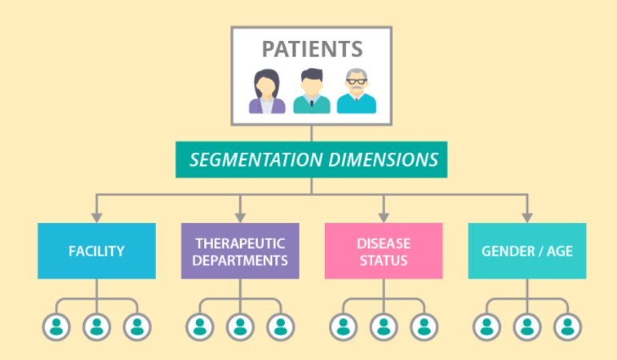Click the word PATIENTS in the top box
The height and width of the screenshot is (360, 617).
coord(312,49)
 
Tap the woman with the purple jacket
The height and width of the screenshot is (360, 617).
coord(266,92)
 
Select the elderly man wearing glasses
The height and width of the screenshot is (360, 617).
coord(356,91)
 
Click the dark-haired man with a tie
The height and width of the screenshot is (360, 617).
coord(311,91)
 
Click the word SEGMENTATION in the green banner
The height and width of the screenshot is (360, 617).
coord(256,160)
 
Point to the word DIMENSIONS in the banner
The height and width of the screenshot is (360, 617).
coord(383,160)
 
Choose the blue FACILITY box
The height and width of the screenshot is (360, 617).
coord(97,251)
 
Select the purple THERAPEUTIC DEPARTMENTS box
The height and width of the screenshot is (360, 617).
coord(240,251)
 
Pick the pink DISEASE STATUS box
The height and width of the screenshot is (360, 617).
coord(383,251)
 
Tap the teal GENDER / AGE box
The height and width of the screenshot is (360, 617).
coord(527,251)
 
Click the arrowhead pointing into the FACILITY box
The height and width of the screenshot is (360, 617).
coord(97,218)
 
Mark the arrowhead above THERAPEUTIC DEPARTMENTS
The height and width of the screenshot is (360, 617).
coord(240,218)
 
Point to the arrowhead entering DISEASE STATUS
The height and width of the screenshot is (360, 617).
coord(383,218)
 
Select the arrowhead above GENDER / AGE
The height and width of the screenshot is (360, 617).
coord(527,218)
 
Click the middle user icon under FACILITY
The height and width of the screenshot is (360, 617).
coord(97,327)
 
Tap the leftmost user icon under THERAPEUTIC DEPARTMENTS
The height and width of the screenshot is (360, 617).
coord(200,327)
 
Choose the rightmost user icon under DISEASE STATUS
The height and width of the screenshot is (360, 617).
coord(424,327)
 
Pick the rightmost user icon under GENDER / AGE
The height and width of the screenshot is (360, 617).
coord(567,327)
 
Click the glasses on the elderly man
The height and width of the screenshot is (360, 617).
coord(356,82)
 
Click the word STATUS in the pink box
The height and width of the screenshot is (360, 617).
coord(383,261)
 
